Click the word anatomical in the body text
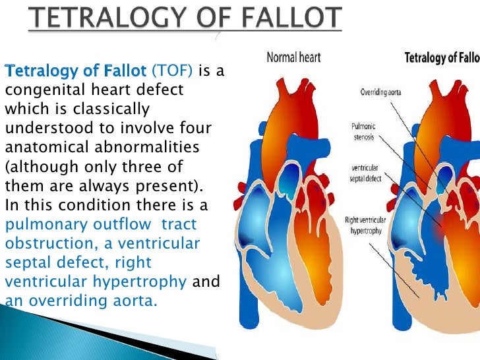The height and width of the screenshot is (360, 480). click(x=45, y=147)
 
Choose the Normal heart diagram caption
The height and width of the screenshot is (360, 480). click(x=293, y=58)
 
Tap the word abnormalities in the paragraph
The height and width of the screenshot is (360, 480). click(x=148, y=147)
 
